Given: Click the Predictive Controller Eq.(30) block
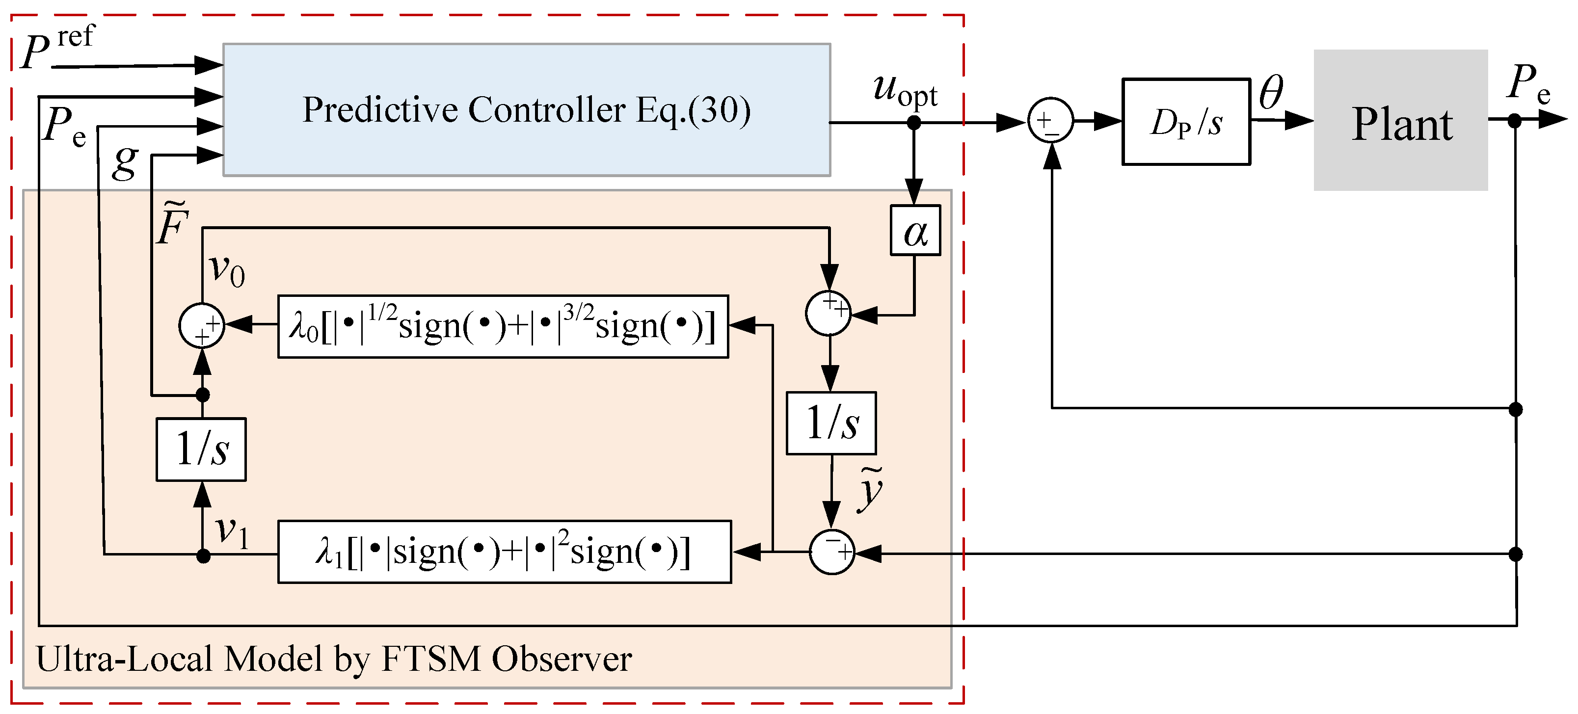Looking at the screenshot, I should (x=526, y=110).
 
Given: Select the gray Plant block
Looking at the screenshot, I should (x=1400, y=121).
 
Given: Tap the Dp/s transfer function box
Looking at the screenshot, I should (x=1186, y=122).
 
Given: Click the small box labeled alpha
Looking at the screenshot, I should (x=915, y=231).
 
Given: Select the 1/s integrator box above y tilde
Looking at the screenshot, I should (x=831, y=423).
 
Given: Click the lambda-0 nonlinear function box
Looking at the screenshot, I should (x=503, y=327).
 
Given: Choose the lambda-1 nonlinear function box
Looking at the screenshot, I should (x=504, y=552).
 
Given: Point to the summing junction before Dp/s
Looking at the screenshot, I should (x=1050, y=121).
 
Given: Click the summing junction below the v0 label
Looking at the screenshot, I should (x=202, y=326).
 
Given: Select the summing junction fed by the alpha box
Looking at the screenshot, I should (x=828, y=313).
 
